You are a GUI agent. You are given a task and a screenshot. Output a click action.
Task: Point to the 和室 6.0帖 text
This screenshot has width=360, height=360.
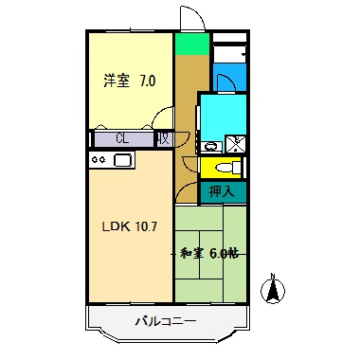pos(209,253)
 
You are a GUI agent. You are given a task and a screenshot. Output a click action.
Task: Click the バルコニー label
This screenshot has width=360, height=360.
pos(165,322)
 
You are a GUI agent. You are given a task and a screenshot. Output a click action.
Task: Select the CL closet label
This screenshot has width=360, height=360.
pos(122,138)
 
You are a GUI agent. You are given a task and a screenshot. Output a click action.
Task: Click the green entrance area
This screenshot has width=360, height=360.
pos(191,44)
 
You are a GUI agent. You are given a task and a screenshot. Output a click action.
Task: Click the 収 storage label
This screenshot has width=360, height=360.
pos(164,138)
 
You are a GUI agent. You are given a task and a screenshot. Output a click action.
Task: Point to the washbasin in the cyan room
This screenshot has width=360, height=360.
pos(210,146)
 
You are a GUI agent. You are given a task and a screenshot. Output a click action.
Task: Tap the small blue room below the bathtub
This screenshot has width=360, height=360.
pos(228,76)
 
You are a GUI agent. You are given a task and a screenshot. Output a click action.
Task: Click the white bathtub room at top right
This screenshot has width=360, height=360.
pos(228,49)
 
